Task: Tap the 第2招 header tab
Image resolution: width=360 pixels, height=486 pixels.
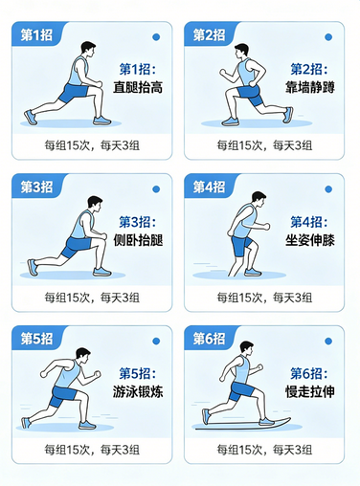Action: tap(209, 35)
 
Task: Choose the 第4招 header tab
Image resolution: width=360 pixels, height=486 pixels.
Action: tap(209, 187)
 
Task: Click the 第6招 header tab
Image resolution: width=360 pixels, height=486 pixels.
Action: tap(209, 338)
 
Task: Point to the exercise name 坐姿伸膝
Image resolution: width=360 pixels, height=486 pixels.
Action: tap(312, 240)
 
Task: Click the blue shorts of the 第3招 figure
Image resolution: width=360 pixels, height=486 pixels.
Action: tap(77, 245)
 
